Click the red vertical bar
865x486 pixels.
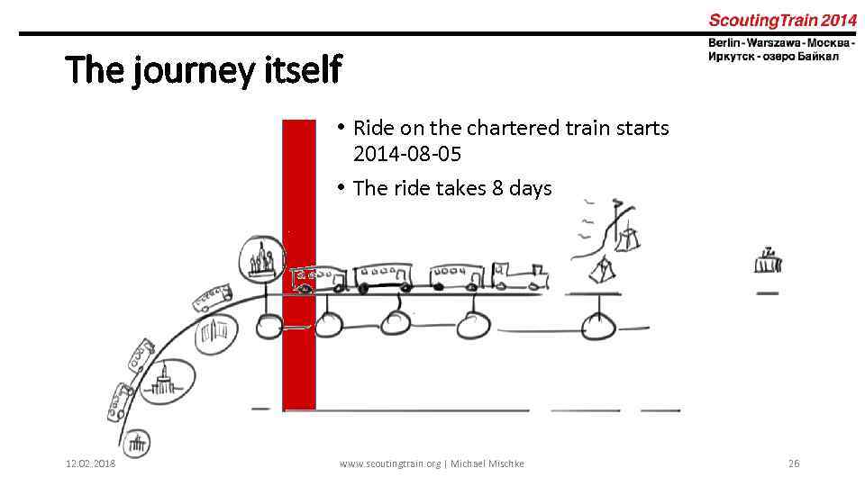299,360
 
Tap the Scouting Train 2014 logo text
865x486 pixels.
781,20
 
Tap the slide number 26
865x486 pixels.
793,463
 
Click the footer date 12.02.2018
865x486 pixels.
90,463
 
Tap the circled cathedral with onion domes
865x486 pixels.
261,259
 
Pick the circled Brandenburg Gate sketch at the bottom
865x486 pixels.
137,443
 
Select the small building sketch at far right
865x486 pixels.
768,262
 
